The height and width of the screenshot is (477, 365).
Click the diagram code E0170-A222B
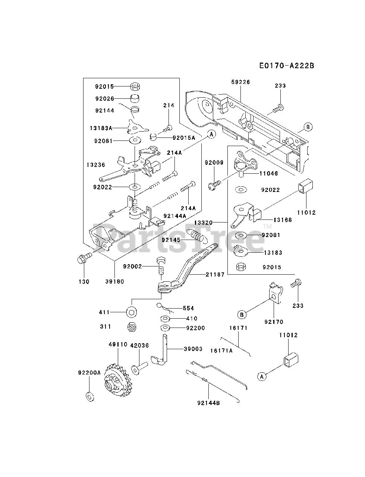point(287,66)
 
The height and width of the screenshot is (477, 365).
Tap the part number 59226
point(240,82)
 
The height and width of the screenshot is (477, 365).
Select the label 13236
point(96,165)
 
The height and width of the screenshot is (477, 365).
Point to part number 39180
point(114,282)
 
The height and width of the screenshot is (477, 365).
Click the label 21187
point(215,275)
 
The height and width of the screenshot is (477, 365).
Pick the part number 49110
point(118,344)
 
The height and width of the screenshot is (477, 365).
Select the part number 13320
point(203,222)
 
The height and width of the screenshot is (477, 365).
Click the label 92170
point(274,322)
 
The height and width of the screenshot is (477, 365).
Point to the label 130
point(84,282)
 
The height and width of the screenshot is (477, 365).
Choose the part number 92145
point(171,240)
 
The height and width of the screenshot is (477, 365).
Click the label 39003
point(193,349)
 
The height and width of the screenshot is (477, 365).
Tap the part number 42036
point(139,345)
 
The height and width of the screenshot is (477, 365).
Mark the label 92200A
point(89,373)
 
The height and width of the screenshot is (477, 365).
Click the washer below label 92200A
point(90,397)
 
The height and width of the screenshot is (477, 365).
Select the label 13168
point(283,220)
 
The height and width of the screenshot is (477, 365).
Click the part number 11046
point(269,173)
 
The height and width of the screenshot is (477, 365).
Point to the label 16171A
point(221,351)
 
